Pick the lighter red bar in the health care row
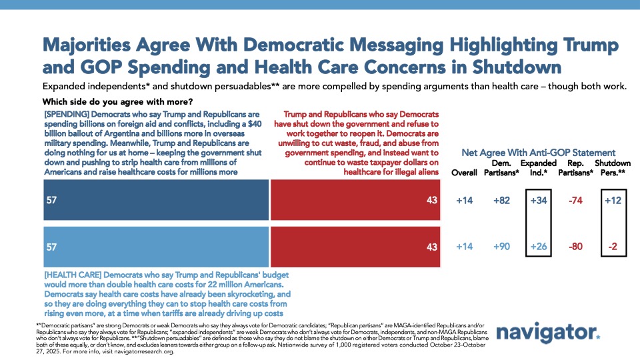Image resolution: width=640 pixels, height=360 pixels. (355, 246)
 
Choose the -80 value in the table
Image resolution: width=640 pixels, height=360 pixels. (577, 246)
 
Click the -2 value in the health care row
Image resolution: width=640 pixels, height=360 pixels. (614, 246)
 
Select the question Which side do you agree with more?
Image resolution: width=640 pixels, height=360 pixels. (117, 102)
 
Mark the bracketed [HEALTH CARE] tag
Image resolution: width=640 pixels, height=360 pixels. (73, 275)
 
